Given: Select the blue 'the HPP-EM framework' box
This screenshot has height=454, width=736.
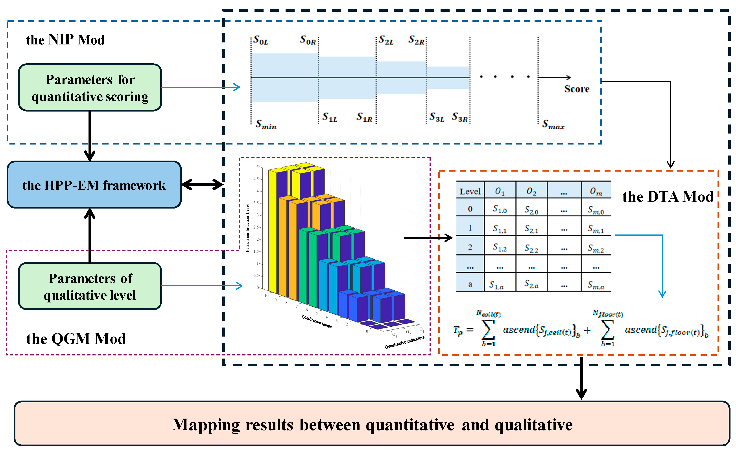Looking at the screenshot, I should click(x=94, y=185).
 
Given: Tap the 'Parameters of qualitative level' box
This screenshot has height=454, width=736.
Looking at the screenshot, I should click(x=90, y=286).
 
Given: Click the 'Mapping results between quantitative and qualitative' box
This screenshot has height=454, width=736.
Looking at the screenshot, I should click(x=372, y=424).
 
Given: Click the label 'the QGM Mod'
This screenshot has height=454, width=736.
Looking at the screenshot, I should click(x=76, y=339).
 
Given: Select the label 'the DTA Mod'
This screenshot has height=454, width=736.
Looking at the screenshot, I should click(x=668, y=197).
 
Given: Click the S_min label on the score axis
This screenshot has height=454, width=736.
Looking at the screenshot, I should click(x=266, y=124).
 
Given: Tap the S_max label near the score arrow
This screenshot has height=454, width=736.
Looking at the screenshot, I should click(x=553, y=124).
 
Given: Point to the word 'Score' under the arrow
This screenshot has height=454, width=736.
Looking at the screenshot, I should click(x=576, y=89).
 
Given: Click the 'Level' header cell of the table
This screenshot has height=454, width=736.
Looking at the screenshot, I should click(x=470, y=191).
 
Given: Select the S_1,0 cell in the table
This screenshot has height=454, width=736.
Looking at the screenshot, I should click(x=500, y=209).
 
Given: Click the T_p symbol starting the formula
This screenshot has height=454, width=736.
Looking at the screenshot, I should click(x=458, y=331).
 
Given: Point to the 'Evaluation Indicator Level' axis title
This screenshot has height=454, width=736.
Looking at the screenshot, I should click(x=247, y=228).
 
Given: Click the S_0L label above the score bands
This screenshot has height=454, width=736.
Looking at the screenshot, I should click(x=260, y=40).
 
